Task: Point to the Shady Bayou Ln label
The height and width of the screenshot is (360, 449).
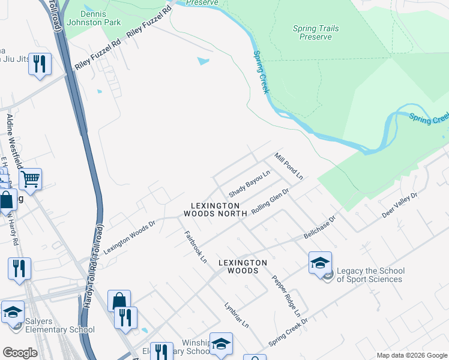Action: click(249, 184)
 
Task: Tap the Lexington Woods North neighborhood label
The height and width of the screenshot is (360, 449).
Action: click(215, 209)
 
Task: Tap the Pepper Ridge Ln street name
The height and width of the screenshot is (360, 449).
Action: click(286, 296)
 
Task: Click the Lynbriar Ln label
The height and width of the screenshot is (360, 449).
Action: click(236, 315)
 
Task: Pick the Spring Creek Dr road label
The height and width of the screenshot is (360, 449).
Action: click(288, 331)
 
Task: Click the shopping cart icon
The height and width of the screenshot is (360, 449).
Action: click(30, 178)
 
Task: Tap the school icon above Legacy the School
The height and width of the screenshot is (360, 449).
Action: click(320, 262)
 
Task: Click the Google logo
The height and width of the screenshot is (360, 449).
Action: click(20, 353)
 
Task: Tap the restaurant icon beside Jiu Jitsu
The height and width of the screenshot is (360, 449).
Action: click(40, 64)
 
